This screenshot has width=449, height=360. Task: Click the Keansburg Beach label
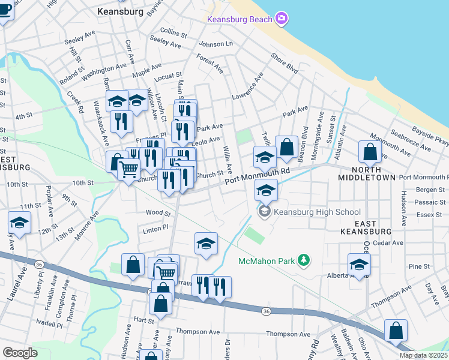pos(240,19)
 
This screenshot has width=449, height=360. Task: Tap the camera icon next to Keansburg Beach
pos(281,19)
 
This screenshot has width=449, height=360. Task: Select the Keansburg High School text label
pos(317,212)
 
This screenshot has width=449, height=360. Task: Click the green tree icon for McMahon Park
pos(304,260)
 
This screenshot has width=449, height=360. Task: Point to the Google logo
pos(20,353)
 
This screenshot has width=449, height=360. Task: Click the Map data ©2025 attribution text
pos(423,355)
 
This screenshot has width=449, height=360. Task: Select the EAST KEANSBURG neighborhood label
pos(366,226)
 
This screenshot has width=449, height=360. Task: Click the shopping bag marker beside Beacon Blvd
pos(287,146)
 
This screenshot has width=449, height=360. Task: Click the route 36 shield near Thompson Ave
pos(265,311)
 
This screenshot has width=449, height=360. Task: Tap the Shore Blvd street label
pos(284,63)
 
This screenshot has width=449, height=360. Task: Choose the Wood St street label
pos(158,212)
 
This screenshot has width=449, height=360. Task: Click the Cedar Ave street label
pos(388,243)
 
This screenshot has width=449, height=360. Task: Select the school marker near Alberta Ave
pos(359,264)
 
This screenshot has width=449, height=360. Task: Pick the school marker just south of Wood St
pos(206,244)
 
